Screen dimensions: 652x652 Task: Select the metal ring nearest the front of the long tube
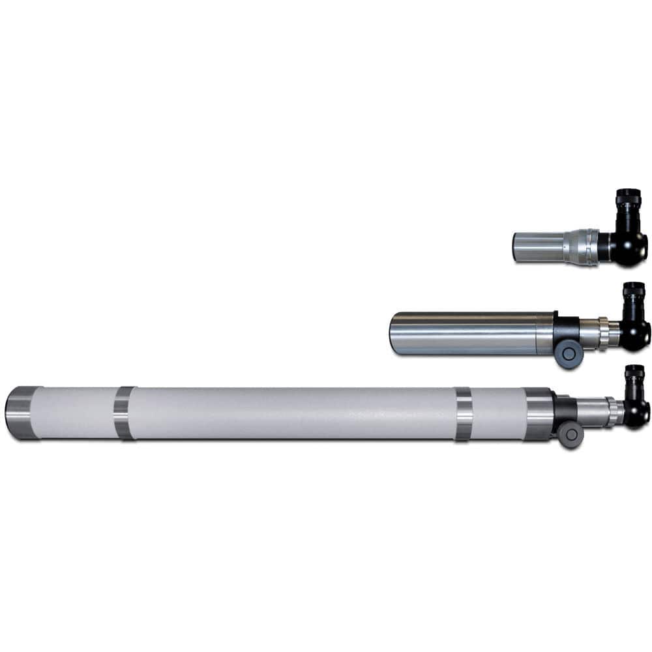point(124,413)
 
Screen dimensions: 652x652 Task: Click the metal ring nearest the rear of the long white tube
point(463,414)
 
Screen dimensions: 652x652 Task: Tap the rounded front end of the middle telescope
point(394,333)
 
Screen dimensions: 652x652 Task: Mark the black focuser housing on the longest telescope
point(563,410)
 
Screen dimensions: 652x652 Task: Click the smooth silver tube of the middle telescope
point(469,333)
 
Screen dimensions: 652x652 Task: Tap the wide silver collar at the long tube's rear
point(538,413)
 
